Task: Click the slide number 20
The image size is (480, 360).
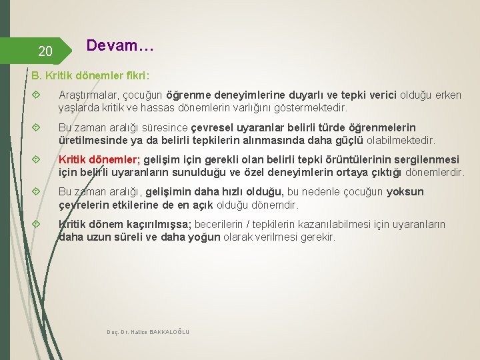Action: tap(45, 51)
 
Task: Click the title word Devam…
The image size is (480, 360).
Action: tap(120, 47)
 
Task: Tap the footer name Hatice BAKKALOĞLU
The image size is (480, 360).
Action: tap(161, 331)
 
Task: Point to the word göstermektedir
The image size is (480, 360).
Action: tap(313, 107)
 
